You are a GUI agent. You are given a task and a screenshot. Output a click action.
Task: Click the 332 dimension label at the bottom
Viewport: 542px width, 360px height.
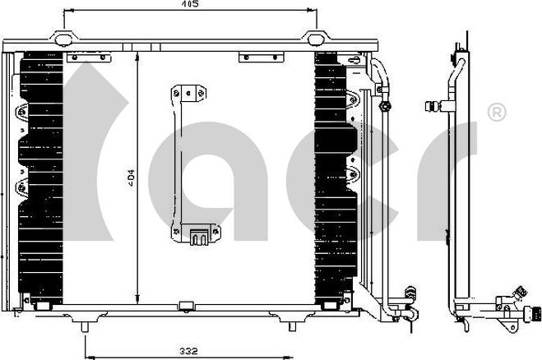[x=188, y=351]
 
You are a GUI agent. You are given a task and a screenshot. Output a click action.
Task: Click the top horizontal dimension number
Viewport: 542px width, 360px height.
[x=190, y=4]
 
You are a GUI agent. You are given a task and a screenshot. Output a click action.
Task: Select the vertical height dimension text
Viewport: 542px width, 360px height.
[x=132, y=178]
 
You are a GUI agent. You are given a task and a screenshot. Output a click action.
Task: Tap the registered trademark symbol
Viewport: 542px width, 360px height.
[x=497, y=112]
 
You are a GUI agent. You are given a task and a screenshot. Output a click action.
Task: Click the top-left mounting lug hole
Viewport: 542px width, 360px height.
[x=63, y=39]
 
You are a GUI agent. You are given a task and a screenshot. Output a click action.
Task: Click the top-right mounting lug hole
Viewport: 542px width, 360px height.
[x=315, y=39]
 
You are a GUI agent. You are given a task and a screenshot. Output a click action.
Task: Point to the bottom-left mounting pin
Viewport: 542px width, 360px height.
[x=85, y=327]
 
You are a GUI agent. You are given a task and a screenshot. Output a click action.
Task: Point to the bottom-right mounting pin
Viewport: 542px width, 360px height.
[x=293, y=326]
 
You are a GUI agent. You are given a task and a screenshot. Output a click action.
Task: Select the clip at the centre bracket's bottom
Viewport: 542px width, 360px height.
[x=199, y=237]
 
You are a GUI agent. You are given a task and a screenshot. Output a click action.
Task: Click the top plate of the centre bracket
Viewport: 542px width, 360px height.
[x=188, y=93]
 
